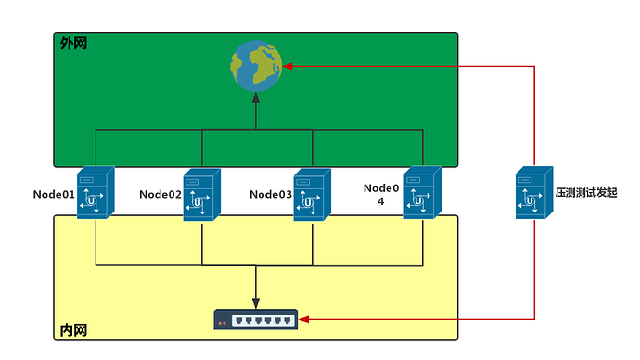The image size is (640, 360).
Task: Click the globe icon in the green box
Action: tap(256, 66)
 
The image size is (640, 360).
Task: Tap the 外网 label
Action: tap(74, 44)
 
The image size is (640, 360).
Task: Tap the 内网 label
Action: tap(74, 330)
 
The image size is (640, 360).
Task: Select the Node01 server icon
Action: tap(96, 192)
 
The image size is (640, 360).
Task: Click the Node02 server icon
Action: tap(202, 195)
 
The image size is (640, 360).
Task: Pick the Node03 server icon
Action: tap(313, 195)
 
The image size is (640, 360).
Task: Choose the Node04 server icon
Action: tap(423, 192)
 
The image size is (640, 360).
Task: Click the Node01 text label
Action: tap(54, 194)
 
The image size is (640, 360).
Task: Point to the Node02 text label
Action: tap(160, 194)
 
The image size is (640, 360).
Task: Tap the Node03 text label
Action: tap(271, 194)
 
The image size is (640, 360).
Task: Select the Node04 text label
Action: tap(381, 194)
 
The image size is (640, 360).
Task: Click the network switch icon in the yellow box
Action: tap(256, 319)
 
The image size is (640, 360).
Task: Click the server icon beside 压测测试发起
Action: tap(534, 192)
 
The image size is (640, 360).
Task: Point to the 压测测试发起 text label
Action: tap(586, 193)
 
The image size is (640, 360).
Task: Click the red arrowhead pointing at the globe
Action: tap(288, 66)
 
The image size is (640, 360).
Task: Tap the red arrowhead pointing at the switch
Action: tap(303, 319)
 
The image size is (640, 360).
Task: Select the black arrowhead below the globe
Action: tap(256, 97)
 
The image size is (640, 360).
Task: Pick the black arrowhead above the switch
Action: tap(256, 303)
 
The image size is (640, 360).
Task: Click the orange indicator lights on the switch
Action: tap(223, 323)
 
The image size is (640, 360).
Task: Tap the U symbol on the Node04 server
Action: tap(418, 200)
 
